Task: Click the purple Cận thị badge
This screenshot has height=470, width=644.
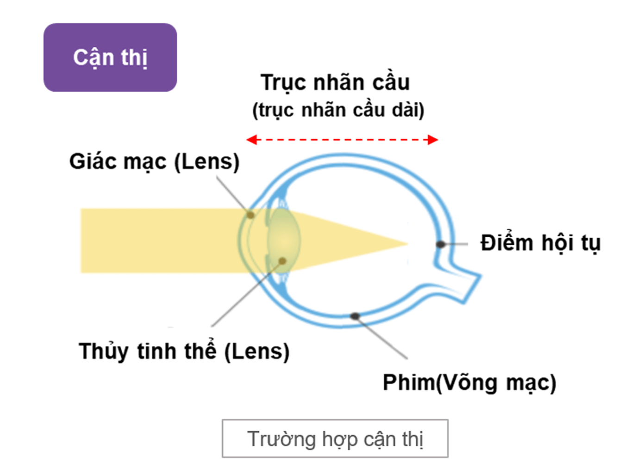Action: coord(110,57)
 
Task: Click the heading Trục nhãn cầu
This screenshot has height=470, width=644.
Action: coord(335,83)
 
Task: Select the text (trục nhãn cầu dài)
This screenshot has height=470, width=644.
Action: coord(338,111)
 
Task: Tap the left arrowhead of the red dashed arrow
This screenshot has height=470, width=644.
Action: coord(251,140)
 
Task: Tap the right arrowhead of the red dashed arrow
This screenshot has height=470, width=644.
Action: coord(433,140)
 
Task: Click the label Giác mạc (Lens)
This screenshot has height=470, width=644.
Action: coord(154,162)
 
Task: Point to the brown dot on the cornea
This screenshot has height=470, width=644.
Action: coord(250,215)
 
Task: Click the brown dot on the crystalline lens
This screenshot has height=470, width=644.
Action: coord(282,261)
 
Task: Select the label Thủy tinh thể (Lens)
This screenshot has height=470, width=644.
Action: coord(184,351)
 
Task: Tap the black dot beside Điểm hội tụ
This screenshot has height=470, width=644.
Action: coord(440,244)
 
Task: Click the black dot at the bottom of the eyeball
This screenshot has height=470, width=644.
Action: coord(355,316)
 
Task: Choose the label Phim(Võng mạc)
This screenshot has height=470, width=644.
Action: coord(470,383)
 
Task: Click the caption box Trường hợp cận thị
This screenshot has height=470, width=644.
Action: coord(335,439)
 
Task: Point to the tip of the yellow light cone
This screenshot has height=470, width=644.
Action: coord(408,244)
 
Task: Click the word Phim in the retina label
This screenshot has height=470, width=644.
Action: coord(409,383)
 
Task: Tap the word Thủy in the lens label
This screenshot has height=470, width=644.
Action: coord(104,352)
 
